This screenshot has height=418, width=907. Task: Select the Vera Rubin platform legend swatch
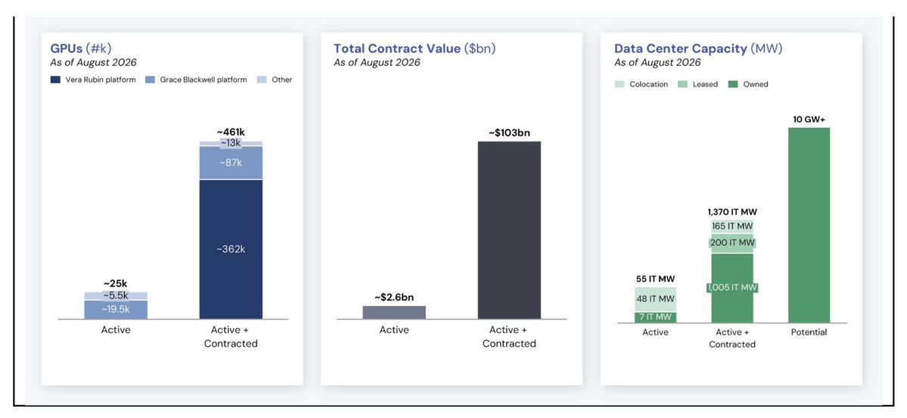pos(55,80)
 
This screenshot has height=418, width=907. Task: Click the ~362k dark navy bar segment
pos(231,250)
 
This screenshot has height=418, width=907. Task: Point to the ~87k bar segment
pos(231,163)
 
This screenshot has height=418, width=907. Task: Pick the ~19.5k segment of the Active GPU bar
pos(116,310)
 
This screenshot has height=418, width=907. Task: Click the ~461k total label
pos(231,132)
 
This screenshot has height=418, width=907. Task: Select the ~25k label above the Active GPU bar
pos(115,284)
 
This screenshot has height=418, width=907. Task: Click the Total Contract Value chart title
pos(415,48)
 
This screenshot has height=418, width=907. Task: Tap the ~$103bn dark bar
pos(509,230)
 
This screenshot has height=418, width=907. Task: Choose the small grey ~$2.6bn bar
pos(394,313)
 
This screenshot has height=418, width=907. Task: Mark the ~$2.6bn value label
pos(394,297)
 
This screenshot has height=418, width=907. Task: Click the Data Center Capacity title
pos(698,48)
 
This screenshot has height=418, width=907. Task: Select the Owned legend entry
pos(748,85)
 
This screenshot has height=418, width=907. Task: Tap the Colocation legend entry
pos(641,85)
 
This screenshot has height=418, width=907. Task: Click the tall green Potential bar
pos(809,225)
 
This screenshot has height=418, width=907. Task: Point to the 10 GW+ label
pos(809,119)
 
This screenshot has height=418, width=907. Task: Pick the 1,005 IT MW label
pos(732,288)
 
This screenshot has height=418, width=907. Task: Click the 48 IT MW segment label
pos(655,299)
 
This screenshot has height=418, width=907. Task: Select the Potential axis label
pos(809,332)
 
